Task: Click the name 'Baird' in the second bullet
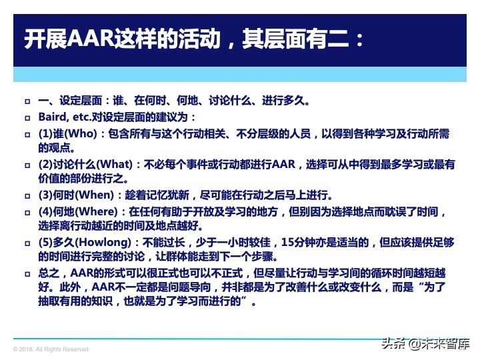pyautogui.click(x=52, y=117)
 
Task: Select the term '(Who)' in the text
pyautogui.click(x=75, y=133)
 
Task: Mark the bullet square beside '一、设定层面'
pyautogui.click(x=27, y=102)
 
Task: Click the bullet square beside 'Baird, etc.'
pyautogui.click(x=27, y=118)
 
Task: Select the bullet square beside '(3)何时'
pyautogui.click(x=27, y=196)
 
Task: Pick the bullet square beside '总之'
pyautogui.click(x=27, y=274)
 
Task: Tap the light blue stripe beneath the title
pyautogui.click(x=240, y=73)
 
